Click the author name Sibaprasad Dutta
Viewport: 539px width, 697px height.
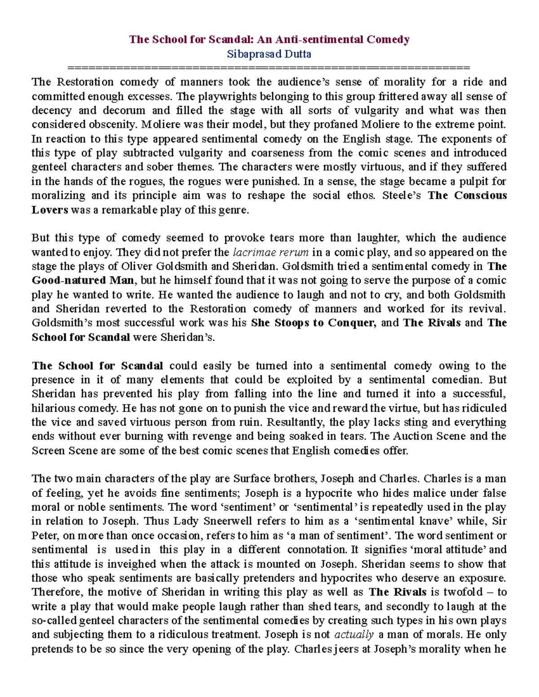click(x=269, y=54)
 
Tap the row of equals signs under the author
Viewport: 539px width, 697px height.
click(x=269, y=68)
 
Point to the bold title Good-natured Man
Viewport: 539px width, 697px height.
click(x=83, y=281)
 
